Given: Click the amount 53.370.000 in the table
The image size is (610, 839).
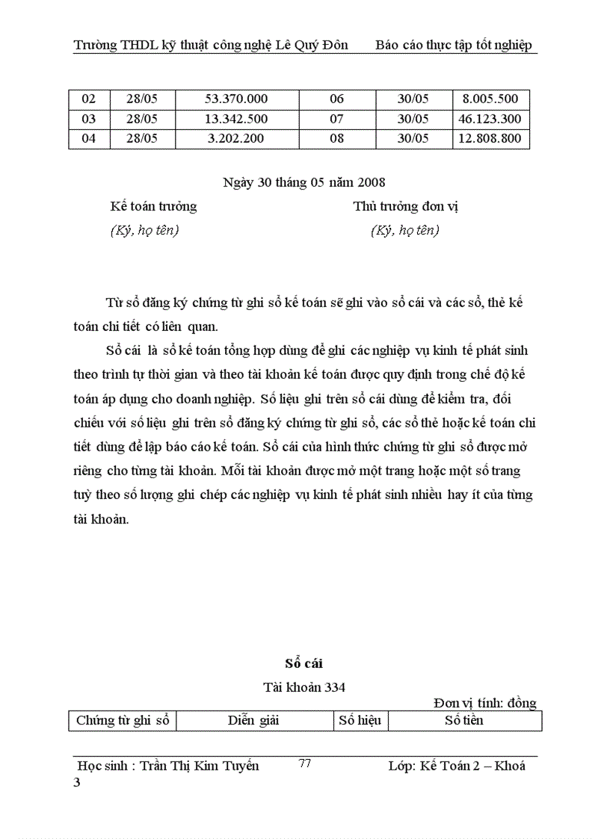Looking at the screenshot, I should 236,99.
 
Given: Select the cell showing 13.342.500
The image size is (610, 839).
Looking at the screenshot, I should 236,119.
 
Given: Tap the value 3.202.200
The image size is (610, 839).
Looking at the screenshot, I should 236,138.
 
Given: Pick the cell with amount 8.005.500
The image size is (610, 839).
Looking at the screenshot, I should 490,99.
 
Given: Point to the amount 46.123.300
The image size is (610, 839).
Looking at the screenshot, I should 490,119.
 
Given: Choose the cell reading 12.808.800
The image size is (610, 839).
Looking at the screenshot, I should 490,138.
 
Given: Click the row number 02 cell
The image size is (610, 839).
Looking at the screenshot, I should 89,99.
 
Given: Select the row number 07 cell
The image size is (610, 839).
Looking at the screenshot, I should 336,119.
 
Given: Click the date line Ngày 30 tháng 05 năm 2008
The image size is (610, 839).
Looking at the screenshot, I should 304,182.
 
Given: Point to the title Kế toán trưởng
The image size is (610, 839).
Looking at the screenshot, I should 153,206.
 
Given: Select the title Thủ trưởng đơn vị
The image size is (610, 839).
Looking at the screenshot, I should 406,206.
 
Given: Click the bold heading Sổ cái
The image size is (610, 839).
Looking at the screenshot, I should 304,663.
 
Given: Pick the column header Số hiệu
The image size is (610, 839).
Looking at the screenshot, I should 360,720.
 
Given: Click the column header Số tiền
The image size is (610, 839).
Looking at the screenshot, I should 464,720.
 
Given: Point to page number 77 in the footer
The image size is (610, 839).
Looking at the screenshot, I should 305,764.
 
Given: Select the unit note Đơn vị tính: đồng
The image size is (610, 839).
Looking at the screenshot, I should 484,703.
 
